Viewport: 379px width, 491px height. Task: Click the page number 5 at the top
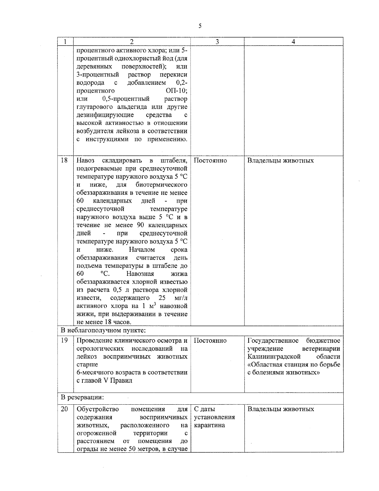(x=200, y=26)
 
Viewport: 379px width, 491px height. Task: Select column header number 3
(x=217, y=42)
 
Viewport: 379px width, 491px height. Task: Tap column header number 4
(x=293, y=42)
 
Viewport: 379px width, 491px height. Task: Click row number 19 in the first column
(x=64, y=341)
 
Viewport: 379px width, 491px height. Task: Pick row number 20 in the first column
(x=64, y=409)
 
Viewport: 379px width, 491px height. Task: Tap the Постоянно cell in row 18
(x=210, y=160)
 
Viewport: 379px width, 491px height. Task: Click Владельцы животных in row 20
(x=280, y=409)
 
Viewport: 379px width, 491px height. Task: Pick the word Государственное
(x=273, y=341)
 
